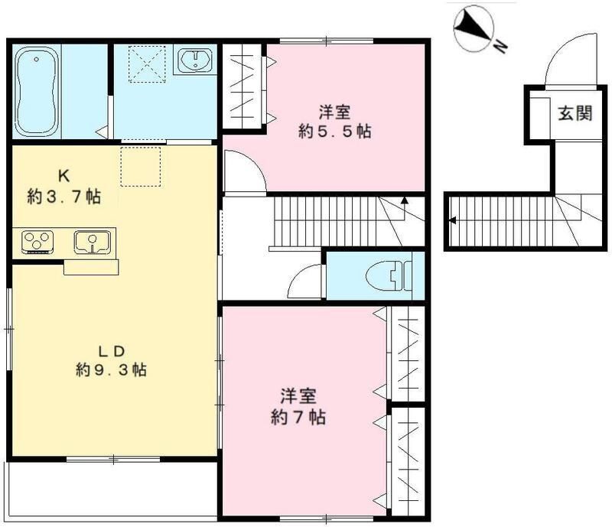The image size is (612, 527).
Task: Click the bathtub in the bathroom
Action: [37, 91]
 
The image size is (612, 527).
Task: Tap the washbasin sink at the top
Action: [195, 60]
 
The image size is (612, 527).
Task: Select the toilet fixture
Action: [389, 276]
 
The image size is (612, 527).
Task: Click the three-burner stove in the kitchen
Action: [37, 242]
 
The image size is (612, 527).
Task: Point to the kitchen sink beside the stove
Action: [92, 242]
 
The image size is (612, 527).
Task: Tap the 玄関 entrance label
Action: [575, 113]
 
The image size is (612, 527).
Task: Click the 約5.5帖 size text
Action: [334, 132]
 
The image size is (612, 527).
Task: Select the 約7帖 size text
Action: [298, 418]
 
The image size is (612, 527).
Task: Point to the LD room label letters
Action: [111, 351]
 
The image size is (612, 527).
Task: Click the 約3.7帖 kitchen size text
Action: [64, 197]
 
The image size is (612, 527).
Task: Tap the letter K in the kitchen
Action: [64, 177]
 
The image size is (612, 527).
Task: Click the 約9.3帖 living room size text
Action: [111, 369]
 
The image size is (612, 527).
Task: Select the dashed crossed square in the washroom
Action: [147, 64]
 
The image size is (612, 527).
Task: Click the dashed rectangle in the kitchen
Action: [141, 167]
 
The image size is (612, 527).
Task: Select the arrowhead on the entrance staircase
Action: [453, 220]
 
